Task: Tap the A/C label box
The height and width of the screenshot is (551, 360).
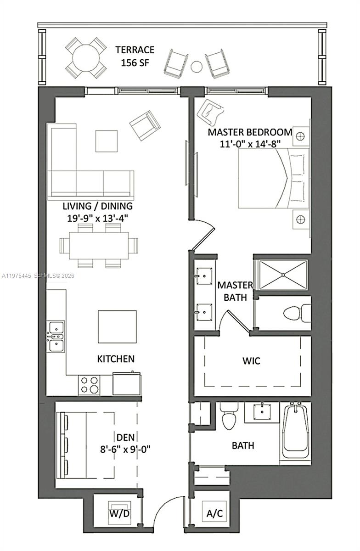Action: tap(214, 513)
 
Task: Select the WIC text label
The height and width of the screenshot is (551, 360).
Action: tap(251, 361)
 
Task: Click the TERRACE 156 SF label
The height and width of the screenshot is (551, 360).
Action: tap(135, 56)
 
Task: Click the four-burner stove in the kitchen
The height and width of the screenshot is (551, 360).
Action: tap(90, 385)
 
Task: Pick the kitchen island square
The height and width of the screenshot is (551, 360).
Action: tap(117, 326)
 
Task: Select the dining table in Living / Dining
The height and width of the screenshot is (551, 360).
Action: tap(99, 245)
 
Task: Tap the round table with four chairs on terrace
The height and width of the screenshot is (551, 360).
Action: tap(86, 58)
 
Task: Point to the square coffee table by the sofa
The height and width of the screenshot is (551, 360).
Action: tap(106, 141)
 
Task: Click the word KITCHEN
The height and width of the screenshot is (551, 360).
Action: tap(115, 359)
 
